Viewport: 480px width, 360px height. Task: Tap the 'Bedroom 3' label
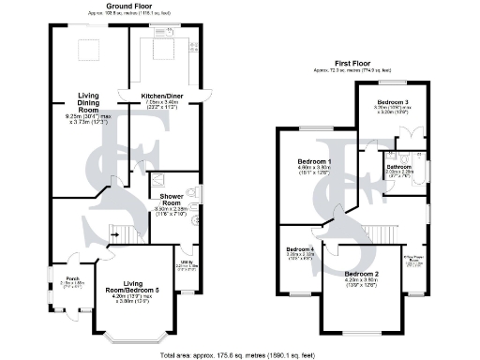pyautogui.click(x=393, y=101)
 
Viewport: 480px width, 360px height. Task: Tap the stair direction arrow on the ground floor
pyautogui.click(x=116, y=235)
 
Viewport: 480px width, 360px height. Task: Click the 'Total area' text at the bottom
pyautogui.click(x=239, y=354)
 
